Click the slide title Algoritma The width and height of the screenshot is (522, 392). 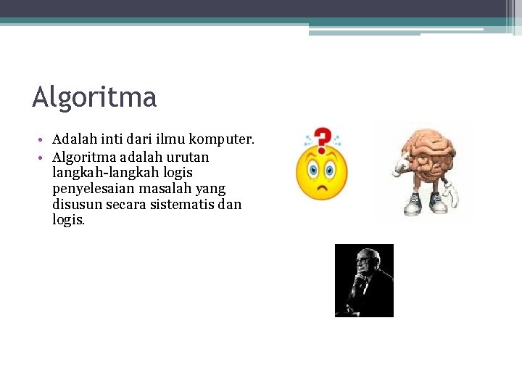[x=94, y=97]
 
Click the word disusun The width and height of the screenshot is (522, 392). [x=75, y=205]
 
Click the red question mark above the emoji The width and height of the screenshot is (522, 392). [x=323, y=139]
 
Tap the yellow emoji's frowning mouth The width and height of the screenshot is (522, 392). [x=321, y=191]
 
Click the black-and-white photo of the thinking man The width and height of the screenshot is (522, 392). [x=364, y=280]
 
